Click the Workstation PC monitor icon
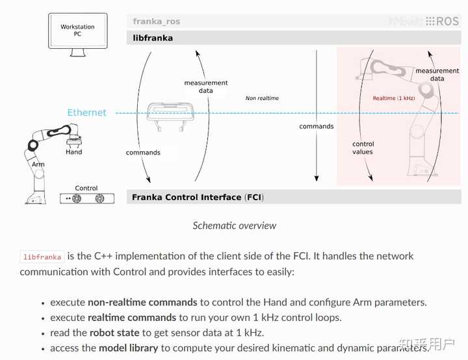(77, 31)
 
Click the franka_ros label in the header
(157, 21)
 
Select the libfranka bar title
(153, 38)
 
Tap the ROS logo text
(447, 21)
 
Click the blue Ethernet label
(86, 112)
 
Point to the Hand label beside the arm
(74, 152)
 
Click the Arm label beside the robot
(38, 164)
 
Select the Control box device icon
(86, 198)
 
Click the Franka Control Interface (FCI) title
(198, 197)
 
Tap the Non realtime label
(262, 98)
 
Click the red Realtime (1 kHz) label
(393, 98)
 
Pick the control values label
(363, 148)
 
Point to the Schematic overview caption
(234, 225)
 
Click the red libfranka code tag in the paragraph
(42, 257)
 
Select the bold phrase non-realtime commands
(142, 302)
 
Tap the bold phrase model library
(128, 348)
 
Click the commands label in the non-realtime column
(317, 126)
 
